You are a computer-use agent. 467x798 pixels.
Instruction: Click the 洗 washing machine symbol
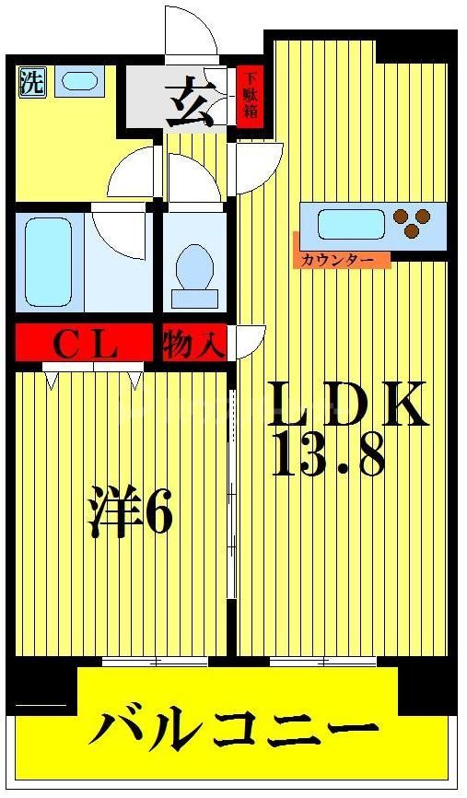tap(30, 83)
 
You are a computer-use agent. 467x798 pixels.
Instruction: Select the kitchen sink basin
tap(350, 225)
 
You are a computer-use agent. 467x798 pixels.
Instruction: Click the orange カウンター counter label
tap(342, 260)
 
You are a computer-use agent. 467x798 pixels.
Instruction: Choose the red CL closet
tap(83, 345)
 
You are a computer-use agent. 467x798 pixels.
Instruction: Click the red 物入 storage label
tap(193, 346)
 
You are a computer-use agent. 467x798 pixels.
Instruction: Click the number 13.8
tap(328, 455)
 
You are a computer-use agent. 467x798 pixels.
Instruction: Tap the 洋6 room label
tap(130, 516)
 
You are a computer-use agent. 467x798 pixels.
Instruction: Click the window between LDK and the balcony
tap(323, 661)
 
